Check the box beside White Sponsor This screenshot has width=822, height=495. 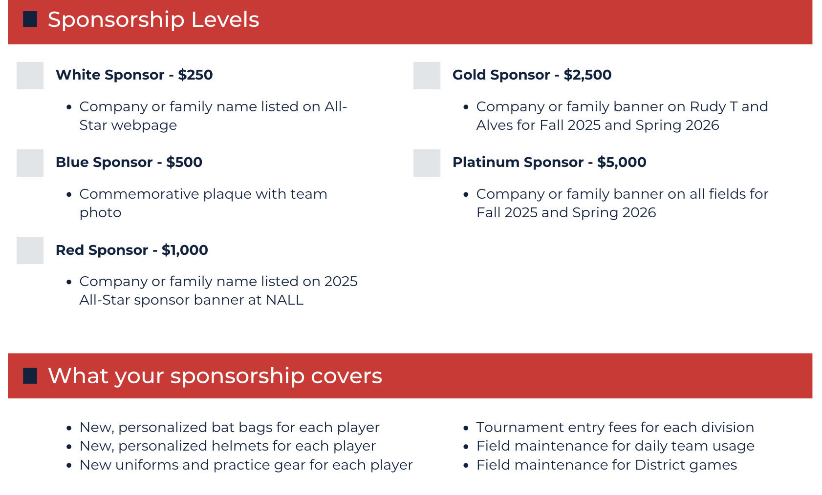[x=30, y=76]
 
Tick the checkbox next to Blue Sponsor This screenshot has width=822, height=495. [x=30, y=163]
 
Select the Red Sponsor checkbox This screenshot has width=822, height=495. [x=30, y=250]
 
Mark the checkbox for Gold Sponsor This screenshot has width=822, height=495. [x=427, y=76]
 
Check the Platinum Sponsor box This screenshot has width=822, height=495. [x=427, y=163]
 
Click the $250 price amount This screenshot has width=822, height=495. [x=195, y=75]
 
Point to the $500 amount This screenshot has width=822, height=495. [x=184, y=162]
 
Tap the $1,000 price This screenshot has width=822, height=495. [x=185, y=250]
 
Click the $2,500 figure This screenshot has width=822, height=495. [x=587, y=75]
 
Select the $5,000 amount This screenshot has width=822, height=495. [x=622, y=162]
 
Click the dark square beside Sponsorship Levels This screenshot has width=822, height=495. [x=30, y=19]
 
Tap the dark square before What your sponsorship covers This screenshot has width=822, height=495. [x=30, y=376]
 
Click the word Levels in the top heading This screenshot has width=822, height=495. [x=225, y=20]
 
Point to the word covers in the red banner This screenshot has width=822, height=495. [x=346, y=376]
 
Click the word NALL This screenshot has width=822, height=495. [x=285, y=300]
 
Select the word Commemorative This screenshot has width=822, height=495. [x=139, y=194]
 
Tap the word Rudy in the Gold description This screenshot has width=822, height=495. [x=708, y=107]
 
